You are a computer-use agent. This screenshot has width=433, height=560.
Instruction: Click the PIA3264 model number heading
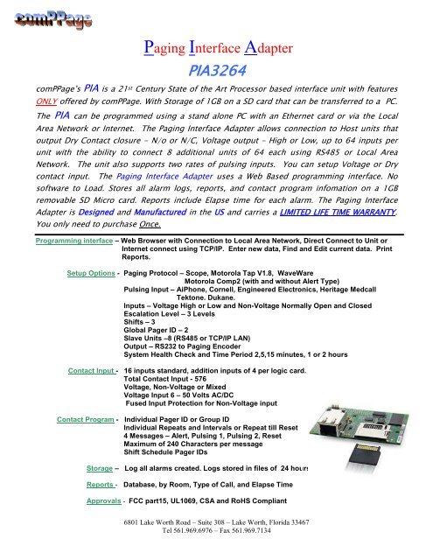[x=216, y=67]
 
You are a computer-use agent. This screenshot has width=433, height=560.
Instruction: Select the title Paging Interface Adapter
[x=216, y=41]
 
